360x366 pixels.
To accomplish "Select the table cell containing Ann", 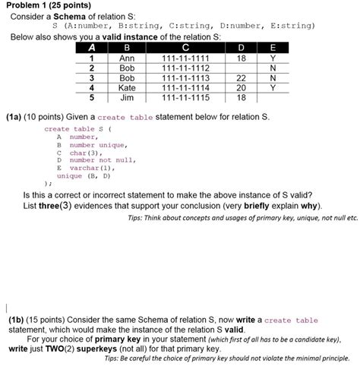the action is coord(127,58).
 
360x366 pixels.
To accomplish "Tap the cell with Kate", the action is coord(127,87).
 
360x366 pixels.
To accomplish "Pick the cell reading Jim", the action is coord(127,97).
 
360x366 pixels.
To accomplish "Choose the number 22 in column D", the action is coord(242,77).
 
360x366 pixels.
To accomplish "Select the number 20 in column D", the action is coord(242,87).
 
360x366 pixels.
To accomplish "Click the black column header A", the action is coord(91,48).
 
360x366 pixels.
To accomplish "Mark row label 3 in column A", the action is coord(91,77).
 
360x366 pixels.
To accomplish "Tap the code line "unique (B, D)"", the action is coord(84,175).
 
